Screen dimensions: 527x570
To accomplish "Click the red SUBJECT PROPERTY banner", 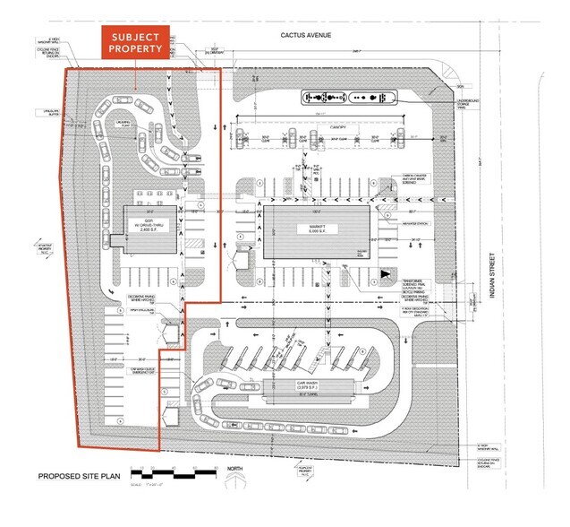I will tap(134, 42).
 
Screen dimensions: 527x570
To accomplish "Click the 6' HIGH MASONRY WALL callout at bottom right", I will tap(484, 445).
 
